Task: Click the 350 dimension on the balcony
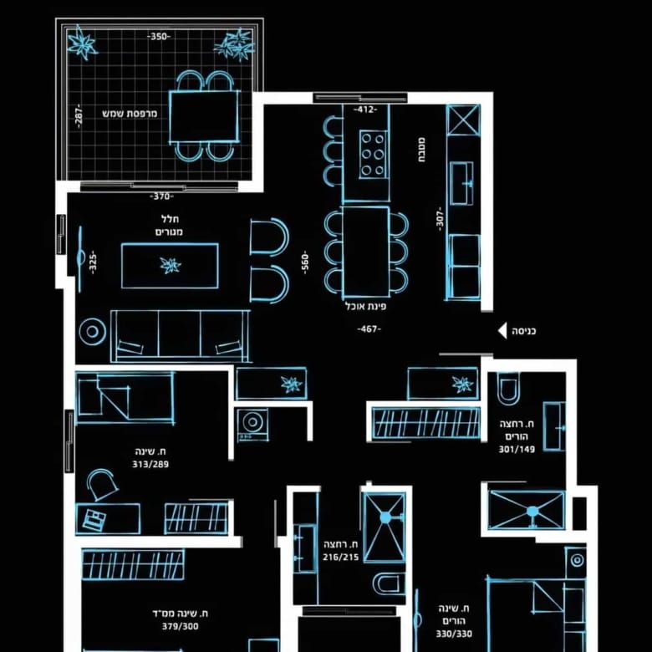[x=159, y=37]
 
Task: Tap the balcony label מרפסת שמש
[x=130, y=113]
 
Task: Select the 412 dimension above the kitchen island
[x=365, y=110]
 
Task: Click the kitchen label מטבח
[x=421, y=150]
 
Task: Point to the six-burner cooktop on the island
[x=373, y=155]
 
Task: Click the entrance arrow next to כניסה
[x=502, y=331]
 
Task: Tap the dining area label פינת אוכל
[x=365, y=307]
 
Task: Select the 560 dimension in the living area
[x=305, y=262]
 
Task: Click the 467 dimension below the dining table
[x=369, y=329]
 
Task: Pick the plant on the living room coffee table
[x=171, y=265]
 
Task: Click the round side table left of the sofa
[x=92, y=332]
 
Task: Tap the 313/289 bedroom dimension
[x=150, y=464]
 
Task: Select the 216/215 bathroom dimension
[x=340, y=558]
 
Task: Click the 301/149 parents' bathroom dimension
[x=517, y=449]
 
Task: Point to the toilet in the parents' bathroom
[x=508, y=388]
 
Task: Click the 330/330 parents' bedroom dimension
[x=454, y=634]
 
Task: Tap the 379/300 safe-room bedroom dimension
[x=180, y=626]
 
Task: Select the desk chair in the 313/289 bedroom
[x=101, y=484]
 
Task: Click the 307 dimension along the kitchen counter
[x=440, y=219]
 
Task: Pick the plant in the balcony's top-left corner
[x=82, y=43]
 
